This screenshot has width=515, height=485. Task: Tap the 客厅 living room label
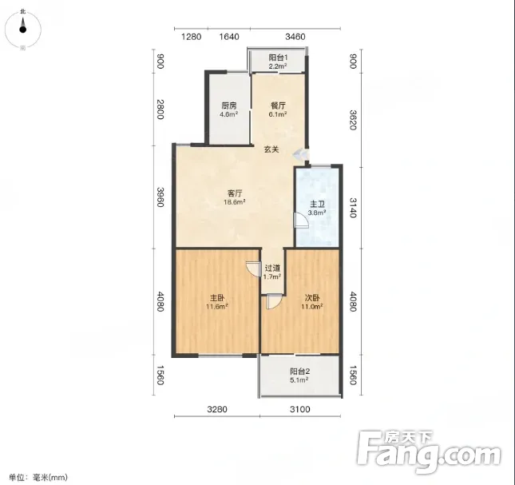235,193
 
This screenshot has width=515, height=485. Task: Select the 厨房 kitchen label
229,105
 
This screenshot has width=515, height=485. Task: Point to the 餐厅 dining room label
278,105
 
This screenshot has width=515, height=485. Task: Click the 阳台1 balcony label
278,58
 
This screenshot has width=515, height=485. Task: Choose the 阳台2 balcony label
299,372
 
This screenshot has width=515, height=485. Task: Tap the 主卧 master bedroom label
217,298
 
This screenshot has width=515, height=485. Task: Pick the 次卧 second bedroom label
312,298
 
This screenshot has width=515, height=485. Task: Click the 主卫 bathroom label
317,205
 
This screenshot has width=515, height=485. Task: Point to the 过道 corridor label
272,268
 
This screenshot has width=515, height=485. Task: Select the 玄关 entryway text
271,149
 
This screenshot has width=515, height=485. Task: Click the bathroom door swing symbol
300,221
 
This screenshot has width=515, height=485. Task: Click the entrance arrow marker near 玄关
300,154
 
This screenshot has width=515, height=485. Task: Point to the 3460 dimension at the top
295,37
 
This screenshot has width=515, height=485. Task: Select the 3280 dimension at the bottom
217,409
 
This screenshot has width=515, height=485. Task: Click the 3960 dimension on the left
160,197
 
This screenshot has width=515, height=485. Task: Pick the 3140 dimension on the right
353,208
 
